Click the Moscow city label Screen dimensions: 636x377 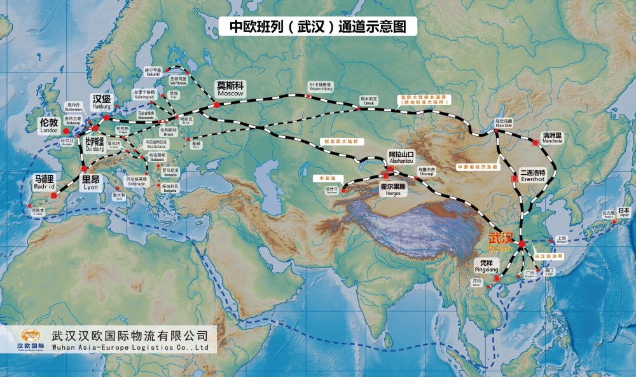point(230,88)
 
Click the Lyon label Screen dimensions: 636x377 point(91,182)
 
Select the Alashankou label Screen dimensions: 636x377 point(401,158)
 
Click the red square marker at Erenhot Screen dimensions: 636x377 point(515,180)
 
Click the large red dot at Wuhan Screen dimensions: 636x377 point(522,244)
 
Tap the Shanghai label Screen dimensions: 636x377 point(560,239)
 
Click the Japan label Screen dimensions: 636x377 point(624,212)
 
